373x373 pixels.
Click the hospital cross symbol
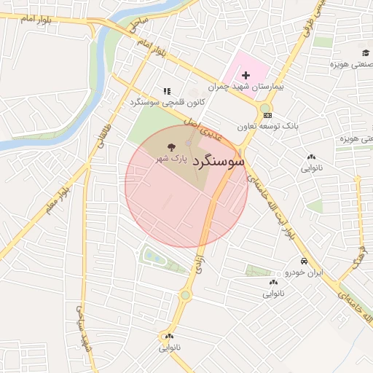click(x=246, y=74)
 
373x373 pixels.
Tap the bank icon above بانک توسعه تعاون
click(x=267, y=114)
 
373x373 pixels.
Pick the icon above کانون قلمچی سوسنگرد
click(x=167, y=92)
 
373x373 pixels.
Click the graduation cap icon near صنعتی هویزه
click(x=365, y=52)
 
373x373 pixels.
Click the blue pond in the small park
click(x=154, y=256)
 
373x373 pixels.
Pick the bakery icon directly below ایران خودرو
click(x=273, y=282)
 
